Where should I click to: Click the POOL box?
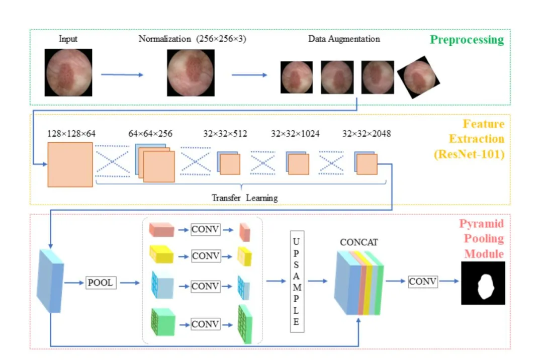(x=101, y=283)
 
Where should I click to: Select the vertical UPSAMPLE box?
(x=297, y=282)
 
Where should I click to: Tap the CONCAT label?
(x=359, y=242)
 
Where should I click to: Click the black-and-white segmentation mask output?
(x=483, y=283)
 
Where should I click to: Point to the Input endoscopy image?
(x=68, y=72)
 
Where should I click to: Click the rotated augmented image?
(x=419, y=77)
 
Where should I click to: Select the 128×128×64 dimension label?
(x=71, y=134)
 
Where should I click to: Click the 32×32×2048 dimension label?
(x=367, y=134)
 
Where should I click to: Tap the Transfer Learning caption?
(x=244, y=198)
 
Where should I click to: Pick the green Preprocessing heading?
(x=467, y=40)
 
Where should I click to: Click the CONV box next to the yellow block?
(x=206, y=256)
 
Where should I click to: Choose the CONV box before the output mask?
(x=422, y=282)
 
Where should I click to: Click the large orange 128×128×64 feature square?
(x=70, y=164)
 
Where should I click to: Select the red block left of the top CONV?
(x=161, y=230)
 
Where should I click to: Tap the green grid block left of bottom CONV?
(x=163, y=322)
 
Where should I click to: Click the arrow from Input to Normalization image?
(x=122, y=75)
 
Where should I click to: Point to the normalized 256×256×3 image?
(x=191, y=73)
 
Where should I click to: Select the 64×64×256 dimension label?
(x=150, y=134)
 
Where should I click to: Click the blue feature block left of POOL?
(x=51, y=281)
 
